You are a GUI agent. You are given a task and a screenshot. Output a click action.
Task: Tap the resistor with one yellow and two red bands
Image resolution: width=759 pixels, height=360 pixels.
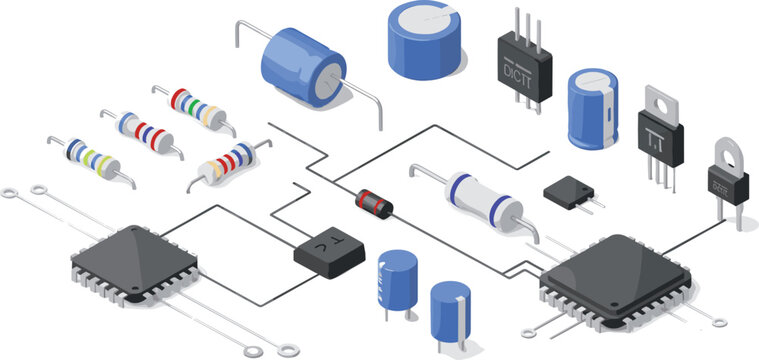[228, 163]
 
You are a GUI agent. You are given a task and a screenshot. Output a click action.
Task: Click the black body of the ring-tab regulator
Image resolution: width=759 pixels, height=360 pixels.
[727, 187]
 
